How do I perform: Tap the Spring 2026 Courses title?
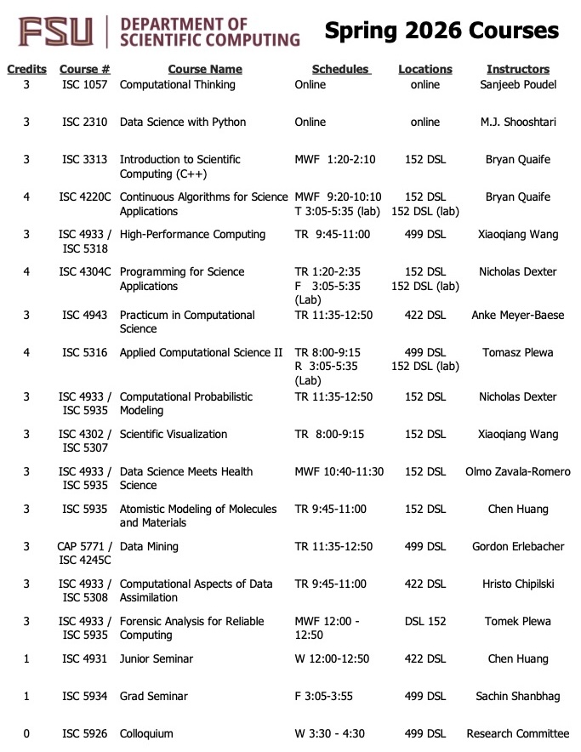click(x=441, y=31)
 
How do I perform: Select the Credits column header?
click(x=26, y=69)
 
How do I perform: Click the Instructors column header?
click(x=518, y=69)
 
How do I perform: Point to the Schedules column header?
click(x=341, y=69)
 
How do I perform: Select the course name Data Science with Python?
click(x=183, y=122)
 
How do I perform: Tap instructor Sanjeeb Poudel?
click(x=518, y=84)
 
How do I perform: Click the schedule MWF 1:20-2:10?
click(x=335, y=159)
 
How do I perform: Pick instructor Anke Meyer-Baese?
click(x=518, y=315)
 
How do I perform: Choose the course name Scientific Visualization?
click(x=174, y=434)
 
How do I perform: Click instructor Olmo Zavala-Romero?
click(x=518, y=471)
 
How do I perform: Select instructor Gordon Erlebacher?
click(x=518, y=546)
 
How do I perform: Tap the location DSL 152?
click(x=425, y=621)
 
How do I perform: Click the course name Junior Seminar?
click(x=157, y=658)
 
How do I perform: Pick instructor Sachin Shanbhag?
click(x=518, y=696)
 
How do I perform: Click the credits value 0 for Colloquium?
click(x=26, y=733)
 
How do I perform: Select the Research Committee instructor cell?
click(x=518, y=733)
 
